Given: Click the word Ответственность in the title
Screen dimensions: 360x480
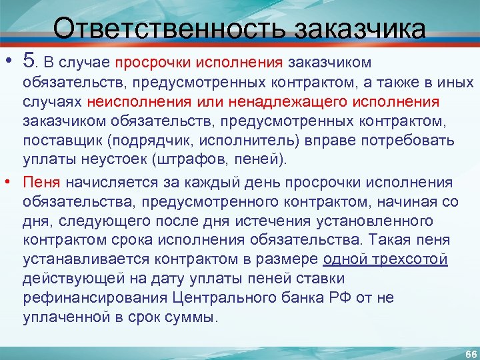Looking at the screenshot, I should coord(169,29).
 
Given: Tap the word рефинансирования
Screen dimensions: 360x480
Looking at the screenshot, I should coord(96,298).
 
